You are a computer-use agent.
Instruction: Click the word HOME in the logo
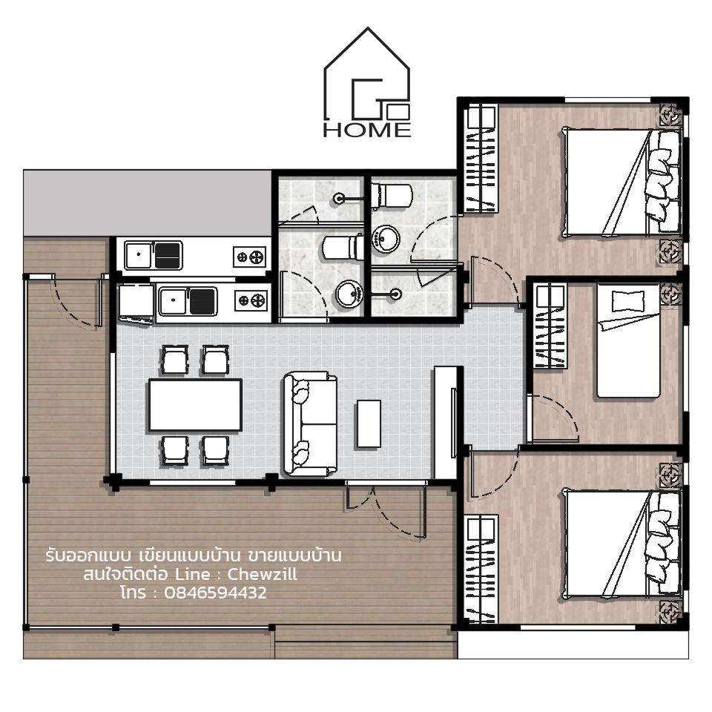(x=367, y=130)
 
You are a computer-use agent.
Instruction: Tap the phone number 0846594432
(x=215, y=593)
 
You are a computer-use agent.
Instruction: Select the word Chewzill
(x=262, y=574)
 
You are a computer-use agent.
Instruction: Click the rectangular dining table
(x=195, y=405)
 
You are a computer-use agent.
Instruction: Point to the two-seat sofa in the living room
(x=311, y=423)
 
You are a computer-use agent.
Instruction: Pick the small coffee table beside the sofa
(x=369, y=423)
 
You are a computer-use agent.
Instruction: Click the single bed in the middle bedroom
(x=628, y=340)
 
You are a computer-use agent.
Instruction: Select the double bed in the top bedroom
(x=622, y=182)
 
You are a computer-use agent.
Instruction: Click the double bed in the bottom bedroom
(x=622, y=544)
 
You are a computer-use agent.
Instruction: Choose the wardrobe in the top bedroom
(x=481, y=159)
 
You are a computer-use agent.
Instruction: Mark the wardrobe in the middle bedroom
(x=550, y=326)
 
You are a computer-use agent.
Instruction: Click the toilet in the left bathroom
(x=343, y=246)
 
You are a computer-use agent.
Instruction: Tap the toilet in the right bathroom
(x=392, y=195)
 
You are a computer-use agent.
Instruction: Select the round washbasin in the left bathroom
(x=349, y=294)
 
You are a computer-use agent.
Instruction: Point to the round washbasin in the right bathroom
(x=386, y=238)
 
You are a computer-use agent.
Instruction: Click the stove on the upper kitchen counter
(x=249, y=257)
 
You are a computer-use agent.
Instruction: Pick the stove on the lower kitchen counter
(x=251, y=300)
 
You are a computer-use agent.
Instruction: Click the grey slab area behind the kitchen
(x=148, y=203)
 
